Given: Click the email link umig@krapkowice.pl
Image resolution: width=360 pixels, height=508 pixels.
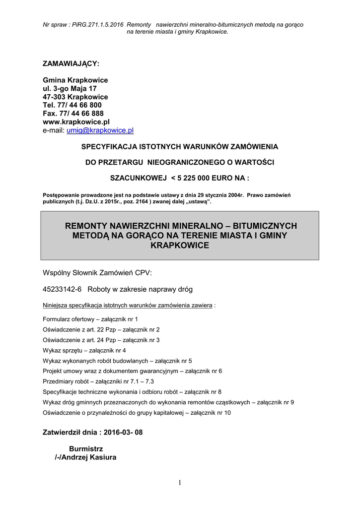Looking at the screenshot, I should pos(100,130).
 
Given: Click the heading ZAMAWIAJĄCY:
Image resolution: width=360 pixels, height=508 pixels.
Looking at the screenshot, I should pos(71,64).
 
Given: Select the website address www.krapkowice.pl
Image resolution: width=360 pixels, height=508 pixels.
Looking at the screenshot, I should pos(76,122).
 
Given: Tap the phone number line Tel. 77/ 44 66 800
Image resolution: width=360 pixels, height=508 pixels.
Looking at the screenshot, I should pos(72,105).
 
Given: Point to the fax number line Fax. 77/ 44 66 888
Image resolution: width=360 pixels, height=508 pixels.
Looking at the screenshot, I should pos(73,114).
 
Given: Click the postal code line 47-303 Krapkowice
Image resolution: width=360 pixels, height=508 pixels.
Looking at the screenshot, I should pos(75,97).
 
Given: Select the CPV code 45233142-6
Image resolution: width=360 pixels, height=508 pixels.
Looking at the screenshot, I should pos(63,289).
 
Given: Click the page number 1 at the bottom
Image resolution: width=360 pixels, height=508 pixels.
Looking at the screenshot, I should pos(180,483).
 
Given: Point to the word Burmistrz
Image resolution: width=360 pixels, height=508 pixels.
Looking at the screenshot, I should pos(86,448).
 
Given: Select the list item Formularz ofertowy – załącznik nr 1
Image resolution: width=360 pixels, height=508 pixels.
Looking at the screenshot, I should pos(90,319).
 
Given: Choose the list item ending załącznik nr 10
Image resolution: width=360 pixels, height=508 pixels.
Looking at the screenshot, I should pos(137,413).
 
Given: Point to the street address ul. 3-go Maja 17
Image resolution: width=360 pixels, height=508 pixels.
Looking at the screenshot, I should pos(70,88).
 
